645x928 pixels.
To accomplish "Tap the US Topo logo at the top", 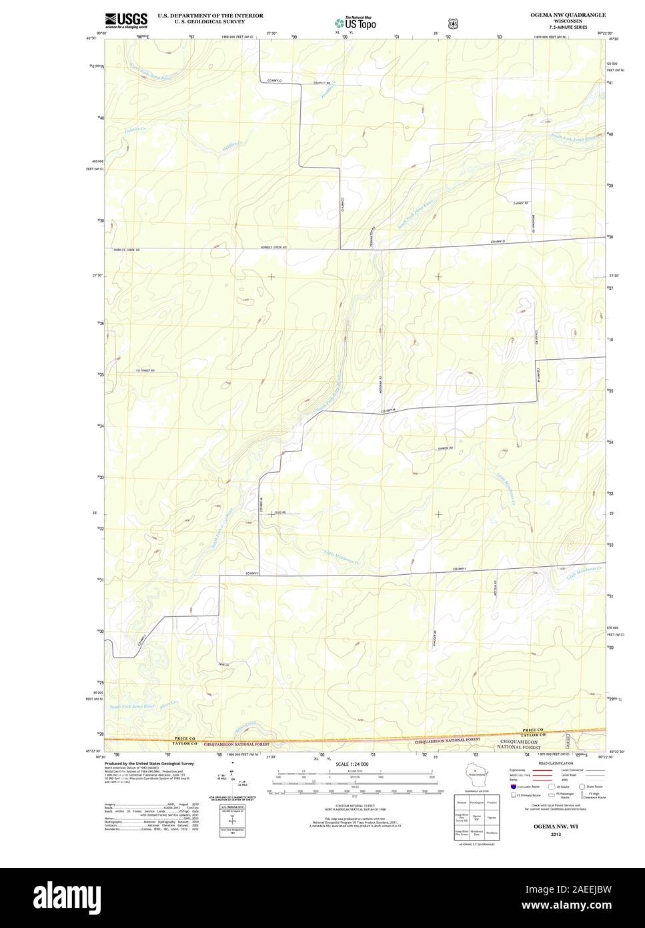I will [x=356, y=22].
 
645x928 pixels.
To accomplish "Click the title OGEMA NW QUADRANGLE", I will [x=568, y=14].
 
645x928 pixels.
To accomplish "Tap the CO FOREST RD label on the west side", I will [x=145, y=371].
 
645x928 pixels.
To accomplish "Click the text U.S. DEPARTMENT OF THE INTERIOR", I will [x=210, y=15].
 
